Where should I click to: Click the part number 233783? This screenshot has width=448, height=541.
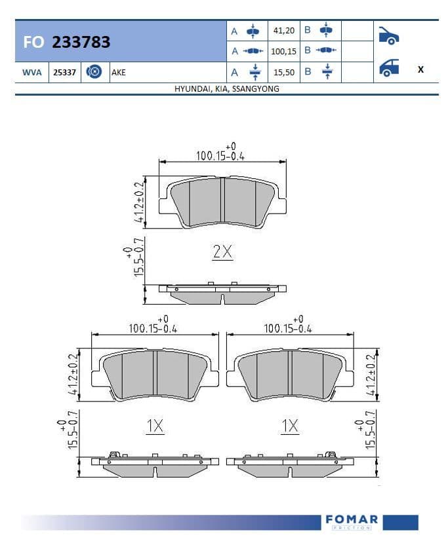tap(81, 42)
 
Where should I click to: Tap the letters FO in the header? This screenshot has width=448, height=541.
tap(33, 42)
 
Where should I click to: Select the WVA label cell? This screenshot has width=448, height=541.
tap(31, 73)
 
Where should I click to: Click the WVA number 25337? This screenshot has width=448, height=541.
tap(64, 73)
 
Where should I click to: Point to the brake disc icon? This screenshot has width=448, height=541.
tap(94, 72)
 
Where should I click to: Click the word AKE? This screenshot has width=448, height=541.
tap(119, 73)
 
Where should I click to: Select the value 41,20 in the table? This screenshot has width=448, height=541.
tap(284, 31)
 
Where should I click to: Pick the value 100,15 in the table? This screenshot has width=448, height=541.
tap(283, 51)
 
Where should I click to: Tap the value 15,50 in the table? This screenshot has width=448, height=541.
tap(284, 73)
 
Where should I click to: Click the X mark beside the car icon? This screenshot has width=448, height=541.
tap(420, 69)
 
